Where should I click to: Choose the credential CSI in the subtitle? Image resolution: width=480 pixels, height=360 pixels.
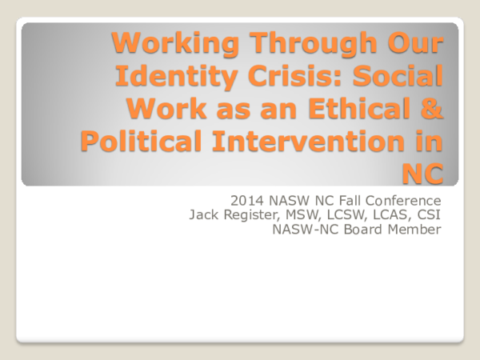(431, 216)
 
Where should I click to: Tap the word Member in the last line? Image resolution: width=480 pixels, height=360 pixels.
(418, 231)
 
